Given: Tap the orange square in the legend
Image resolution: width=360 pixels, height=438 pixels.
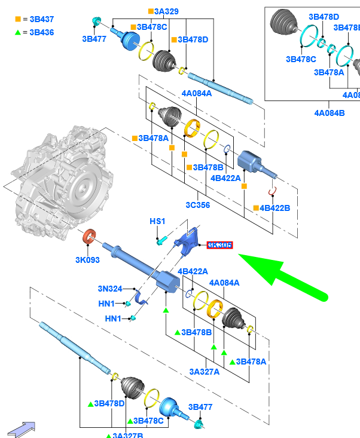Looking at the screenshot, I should tap(19, 20).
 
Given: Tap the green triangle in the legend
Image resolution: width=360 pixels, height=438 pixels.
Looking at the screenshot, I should tap(19, 32).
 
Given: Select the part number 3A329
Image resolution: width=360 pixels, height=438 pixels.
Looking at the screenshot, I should tap(166, 11).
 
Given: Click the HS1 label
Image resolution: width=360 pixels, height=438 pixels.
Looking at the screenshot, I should tap(157, 222).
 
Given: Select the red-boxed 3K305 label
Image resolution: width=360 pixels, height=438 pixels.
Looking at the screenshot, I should tap(219, 245).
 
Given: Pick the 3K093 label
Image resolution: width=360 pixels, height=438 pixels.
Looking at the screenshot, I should tap(87, 260).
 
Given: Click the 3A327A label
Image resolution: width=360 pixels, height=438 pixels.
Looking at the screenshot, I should tap(205, 371).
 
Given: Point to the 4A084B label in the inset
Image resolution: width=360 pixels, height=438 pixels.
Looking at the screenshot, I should tap(330, 112).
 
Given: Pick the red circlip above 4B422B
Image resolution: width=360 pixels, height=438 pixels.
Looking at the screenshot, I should tap(272, 191).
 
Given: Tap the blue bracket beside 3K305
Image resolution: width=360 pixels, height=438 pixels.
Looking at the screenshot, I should tap(188, 242).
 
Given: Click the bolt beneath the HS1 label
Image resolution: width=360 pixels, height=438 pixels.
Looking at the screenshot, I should tap(160, 240).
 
